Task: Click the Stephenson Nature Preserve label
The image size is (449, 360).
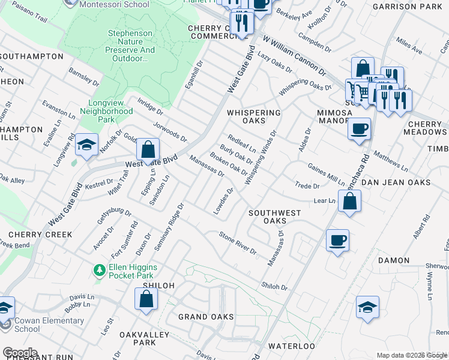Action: pyautogui.click(x=131, y=46)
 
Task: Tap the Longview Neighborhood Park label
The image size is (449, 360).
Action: pyautogui.click(x=106, y=111)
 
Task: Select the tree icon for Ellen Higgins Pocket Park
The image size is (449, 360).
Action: pyautogui.click(x=99, y=271)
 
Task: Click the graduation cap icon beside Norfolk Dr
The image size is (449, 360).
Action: pyautogui.click(x=87, y=145)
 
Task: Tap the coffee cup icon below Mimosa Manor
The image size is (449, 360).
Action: pyautogui.click(x=359, y=128)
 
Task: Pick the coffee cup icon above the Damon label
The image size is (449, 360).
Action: pyautogui.click(x=337, y=240)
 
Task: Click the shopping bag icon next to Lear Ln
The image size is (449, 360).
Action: pyautogui.click(x=349, y=201)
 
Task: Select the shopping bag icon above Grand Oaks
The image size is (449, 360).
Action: pyautogui.click(x=146, y=299)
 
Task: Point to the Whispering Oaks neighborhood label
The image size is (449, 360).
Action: pyautogui.click(x=254, y=116)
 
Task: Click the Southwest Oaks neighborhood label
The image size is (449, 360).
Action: pyautogui.click(x=275, y=217)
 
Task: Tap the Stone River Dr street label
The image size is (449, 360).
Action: pyautogui.click(x=237, y=242)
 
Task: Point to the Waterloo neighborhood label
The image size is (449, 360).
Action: pyautogui.click(x=291, y=346)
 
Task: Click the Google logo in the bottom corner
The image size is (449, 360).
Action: pyautogui.click(x=20, y=353)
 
